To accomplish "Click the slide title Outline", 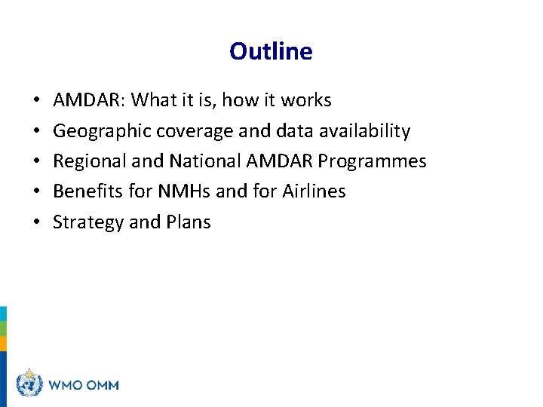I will pyautogui.click(x=271, y=51).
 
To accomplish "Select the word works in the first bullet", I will pyautogui.click(x=306, y=100).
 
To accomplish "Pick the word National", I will pyautogui.click(x=206, y=161).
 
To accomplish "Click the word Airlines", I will pyautogui.click(x=314, y=191).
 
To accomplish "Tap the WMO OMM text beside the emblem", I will pyautogui.click(x=84, y=384).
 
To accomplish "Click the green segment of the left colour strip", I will pyautogui.click(x=3, y=329).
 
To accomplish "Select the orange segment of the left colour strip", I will pyautogui.click(x=3, y=344).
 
